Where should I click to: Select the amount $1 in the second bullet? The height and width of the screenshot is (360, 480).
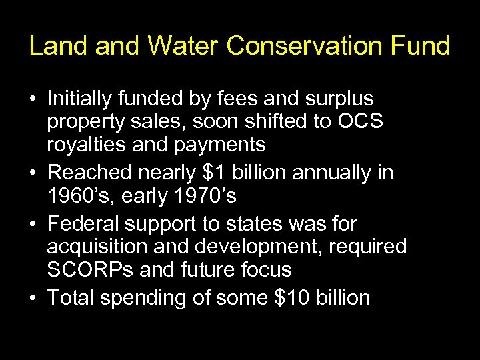(215, 173)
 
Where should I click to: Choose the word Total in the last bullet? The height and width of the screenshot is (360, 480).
(72, 298)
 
